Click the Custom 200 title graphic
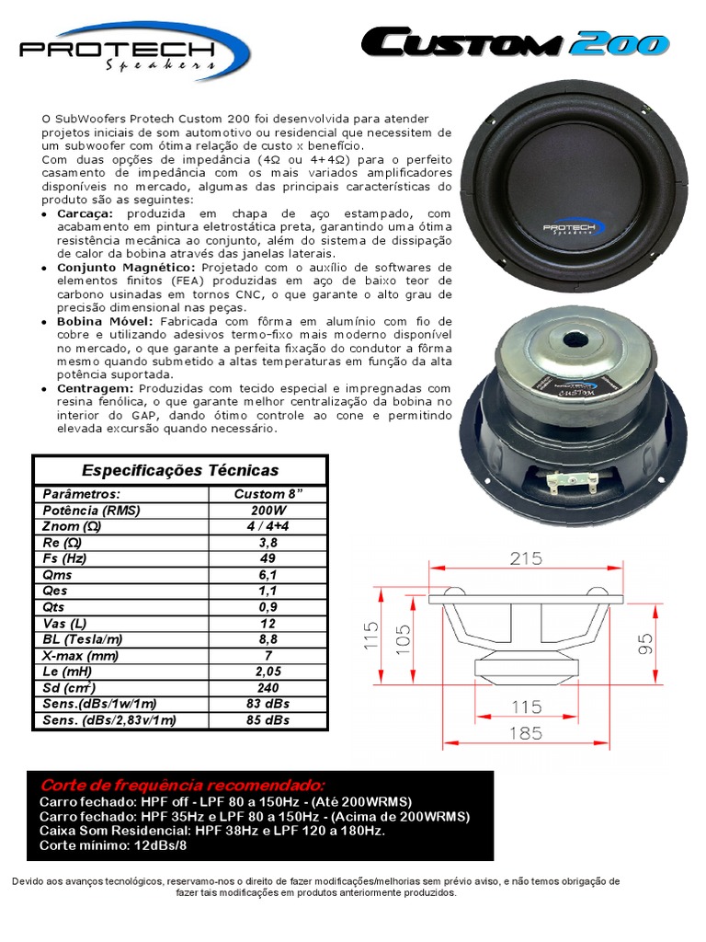tap(514, 43)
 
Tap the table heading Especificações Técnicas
tap(180, 470)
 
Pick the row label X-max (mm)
tap(81, 655)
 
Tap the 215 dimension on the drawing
tap(526, 559)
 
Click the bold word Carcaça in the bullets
tap(84, 213)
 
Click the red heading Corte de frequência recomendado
tap(181, 786)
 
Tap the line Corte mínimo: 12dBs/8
tap(101, 844)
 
